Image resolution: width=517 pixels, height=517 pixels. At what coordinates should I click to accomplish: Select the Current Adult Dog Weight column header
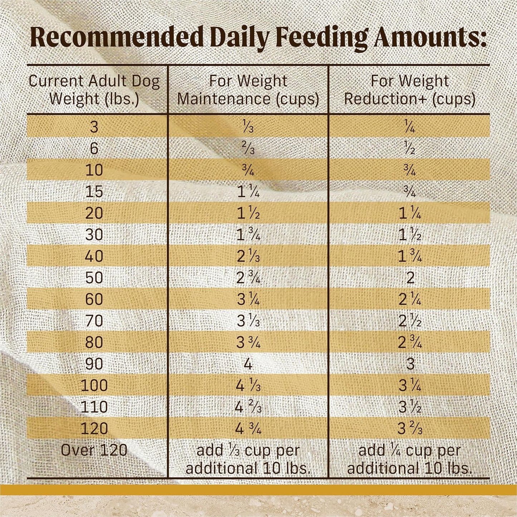coord(94,90)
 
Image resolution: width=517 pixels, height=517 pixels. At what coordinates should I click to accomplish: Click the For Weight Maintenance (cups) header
coord(248,90)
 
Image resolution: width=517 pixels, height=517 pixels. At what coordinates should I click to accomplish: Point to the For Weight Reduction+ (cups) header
coord(410,90)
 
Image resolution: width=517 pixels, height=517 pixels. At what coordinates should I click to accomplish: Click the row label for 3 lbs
coord(94,127)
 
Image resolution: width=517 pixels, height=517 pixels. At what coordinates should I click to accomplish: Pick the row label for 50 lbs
coord(94,278)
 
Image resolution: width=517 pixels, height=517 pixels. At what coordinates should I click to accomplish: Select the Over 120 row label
coord(94,450)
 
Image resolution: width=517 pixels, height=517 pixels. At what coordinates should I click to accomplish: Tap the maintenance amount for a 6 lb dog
coord(248,148)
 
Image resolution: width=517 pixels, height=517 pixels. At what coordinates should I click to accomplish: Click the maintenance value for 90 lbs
coord(248,364)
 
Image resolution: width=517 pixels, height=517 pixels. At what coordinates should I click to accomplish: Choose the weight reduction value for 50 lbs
coord(410,278)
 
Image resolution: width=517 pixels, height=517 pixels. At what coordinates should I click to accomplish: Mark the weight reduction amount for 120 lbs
coord(410,429)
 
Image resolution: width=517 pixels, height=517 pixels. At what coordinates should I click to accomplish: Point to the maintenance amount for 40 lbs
coord(248,256)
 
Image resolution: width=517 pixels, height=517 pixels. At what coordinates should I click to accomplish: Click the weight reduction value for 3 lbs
coord(410,127)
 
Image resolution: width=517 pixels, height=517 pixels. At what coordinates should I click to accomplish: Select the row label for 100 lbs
coord(94,386)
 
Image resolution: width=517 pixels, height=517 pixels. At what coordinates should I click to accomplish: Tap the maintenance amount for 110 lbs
coord(248,407)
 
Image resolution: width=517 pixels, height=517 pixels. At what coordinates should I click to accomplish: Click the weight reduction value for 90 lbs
coord(410,364)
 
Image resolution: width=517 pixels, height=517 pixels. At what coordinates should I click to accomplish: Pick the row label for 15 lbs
coord(94,191)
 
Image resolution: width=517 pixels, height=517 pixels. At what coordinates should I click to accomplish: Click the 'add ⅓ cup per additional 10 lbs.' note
coord(248,459)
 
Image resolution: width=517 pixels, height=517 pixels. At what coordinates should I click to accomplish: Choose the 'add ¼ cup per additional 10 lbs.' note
coord(410,459)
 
